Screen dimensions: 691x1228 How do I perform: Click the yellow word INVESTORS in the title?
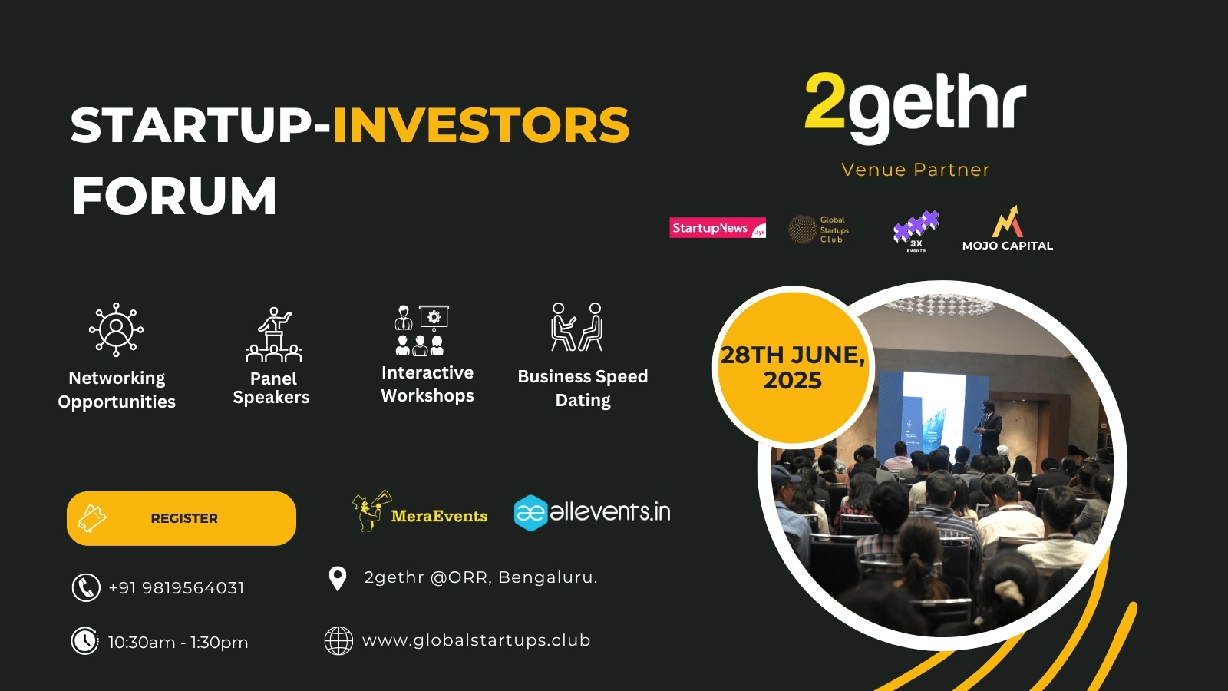click(480, 125)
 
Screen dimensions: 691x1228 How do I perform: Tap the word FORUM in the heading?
click(174, 197)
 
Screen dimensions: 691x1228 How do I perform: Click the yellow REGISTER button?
click(181, 518)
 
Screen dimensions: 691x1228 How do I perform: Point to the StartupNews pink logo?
click(718, 228)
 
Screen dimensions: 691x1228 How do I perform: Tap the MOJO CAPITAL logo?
click(1008, 229)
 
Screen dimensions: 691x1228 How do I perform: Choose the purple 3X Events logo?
click(916, 230)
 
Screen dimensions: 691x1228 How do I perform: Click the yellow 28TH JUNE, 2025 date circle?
click(793, 367)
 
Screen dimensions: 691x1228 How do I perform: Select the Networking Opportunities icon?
click(116, 329)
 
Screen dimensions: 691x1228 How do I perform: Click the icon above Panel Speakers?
click(274, 335)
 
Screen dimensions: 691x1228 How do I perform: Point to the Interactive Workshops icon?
click(421, 330)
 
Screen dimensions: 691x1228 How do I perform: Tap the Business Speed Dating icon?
click(577, 327)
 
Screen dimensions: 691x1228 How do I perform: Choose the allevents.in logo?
click(592, 512)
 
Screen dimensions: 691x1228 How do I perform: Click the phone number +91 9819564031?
click(177, 588)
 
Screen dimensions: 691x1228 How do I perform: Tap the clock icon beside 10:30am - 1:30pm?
click(85, 640)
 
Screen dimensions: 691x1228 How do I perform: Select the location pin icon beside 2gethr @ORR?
click(337, 578)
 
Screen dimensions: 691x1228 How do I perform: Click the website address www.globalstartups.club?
click(476, 640)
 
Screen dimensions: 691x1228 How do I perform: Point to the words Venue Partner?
click(916, 170)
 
